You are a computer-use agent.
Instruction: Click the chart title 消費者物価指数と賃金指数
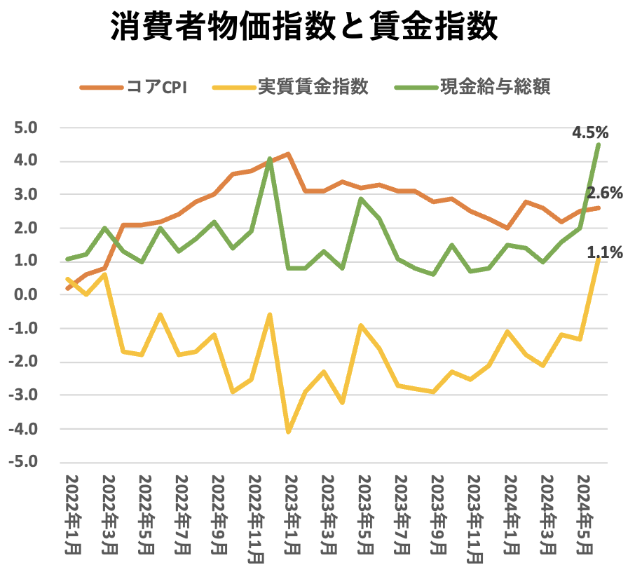tap(304, 29)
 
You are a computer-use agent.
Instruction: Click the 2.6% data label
tap(604, 193)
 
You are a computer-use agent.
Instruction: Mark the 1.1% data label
tap(604, 252)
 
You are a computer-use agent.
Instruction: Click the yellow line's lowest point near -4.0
tap(288, 432)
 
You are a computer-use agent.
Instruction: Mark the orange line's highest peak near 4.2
tap(288, 154)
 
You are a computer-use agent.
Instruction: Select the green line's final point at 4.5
tap(598, 144)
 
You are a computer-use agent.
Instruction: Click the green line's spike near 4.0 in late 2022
tap(270, 159)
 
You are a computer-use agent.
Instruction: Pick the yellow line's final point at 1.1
tap(598, 259)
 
